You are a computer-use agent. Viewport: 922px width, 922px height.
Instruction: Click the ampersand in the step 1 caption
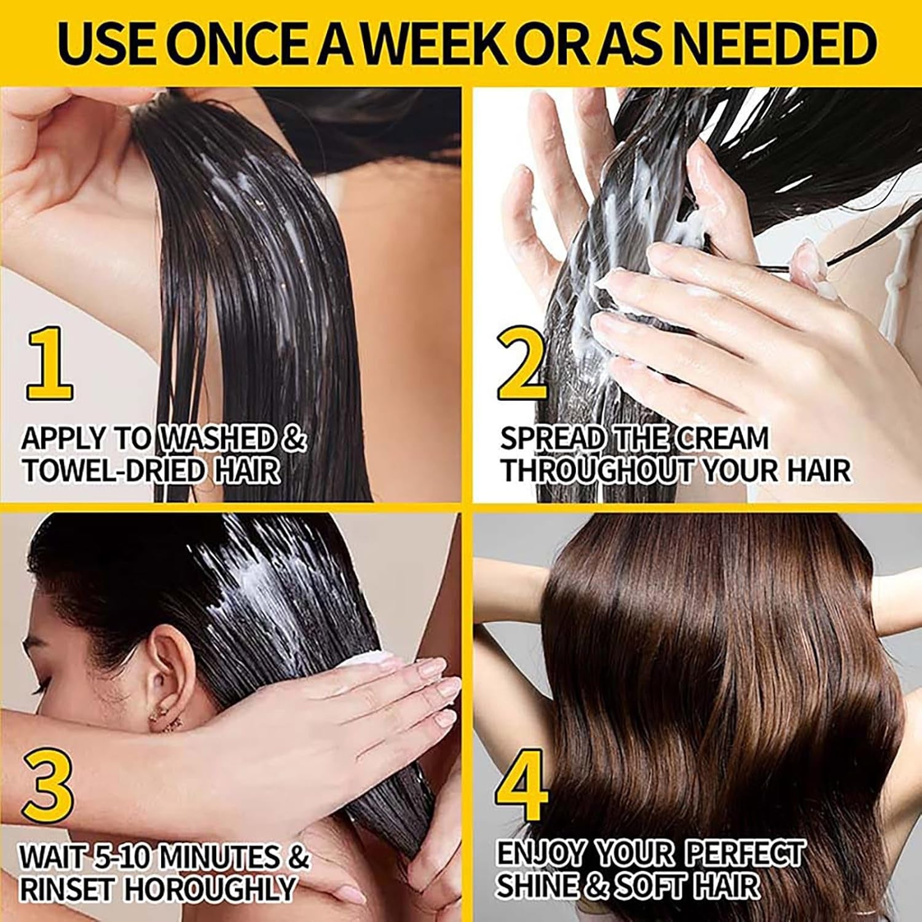(x=294, y=439)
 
